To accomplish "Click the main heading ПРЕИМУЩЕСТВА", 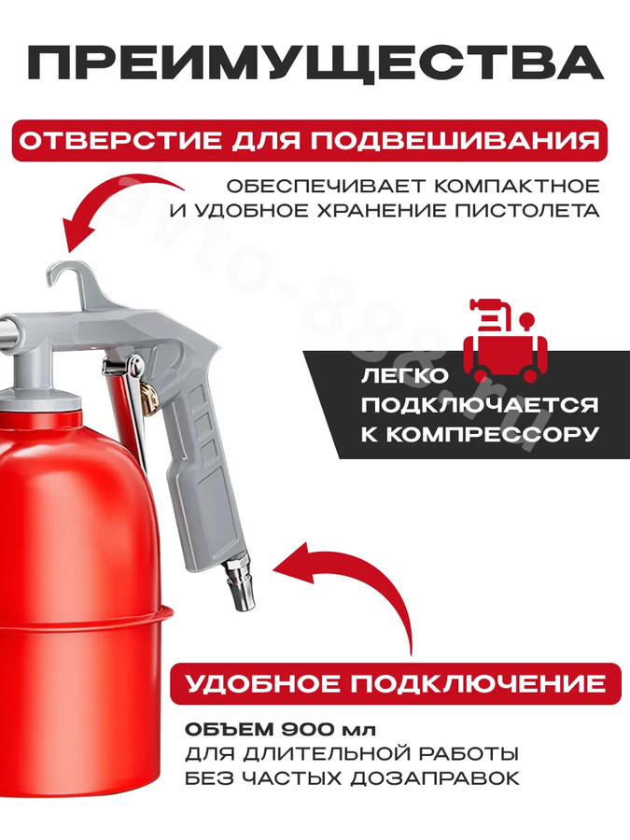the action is click(x=315, y=63).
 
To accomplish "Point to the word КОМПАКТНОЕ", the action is click(x=516, y=186).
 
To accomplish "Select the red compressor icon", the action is click(x=505, y=340).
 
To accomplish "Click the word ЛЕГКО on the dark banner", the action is click(x=404, y=375).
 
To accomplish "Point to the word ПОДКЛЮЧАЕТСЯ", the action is click(x=480, y=404).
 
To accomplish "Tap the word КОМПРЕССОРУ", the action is click(x=480, y=434).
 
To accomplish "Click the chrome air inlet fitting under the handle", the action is click(x=238, y=584).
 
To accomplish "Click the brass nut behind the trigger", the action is click(x=148, y=397).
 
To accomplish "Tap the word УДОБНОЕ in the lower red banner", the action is click(x=262, y=684).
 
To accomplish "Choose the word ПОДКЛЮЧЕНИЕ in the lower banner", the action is click(x=479, y=684).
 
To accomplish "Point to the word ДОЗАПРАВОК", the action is click(x=436, y=777).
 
